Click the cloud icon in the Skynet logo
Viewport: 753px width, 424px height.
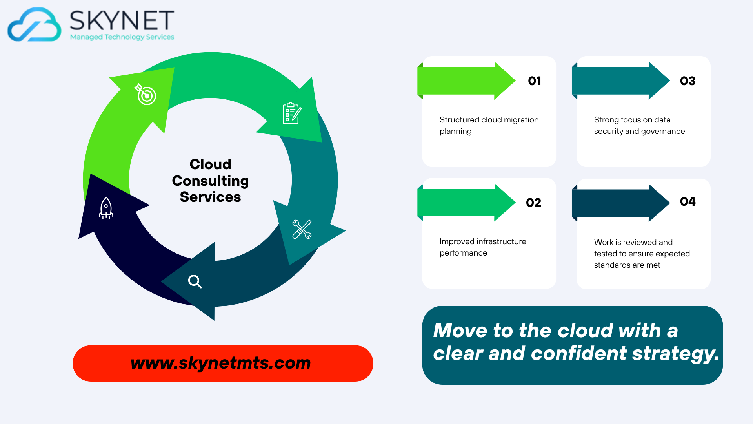tap(34, 24)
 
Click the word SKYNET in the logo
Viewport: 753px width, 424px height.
tap(122, 20)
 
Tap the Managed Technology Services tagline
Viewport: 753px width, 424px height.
tap(122, 37)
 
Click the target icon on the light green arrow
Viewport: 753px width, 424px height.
tap(146, 94)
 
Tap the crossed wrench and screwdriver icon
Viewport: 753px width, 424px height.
tap(302, 229)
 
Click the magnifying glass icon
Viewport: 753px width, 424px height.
tap(195, 281)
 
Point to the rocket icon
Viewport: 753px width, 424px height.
tap(106, 208)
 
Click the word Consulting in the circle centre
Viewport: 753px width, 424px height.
tap(210, 181)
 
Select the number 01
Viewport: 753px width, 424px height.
tap(535, 81)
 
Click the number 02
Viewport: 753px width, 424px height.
tap(533, 203)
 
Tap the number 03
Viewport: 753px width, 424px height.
tap(688, 81)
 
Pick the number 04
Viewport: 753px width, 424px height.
tap(688, 201)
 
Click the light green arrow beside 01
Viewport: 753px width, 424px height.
tap(466, 81)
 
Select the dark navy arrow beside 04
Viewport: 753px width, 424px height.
tap(621, 203)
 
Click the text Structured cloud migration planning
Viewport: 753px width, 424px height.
tap(489, 125)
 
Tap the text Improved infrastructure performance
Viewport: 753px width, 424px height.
tap(483, 247)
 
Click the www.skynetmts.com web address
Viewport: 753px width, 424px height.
tap(221, 363)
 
